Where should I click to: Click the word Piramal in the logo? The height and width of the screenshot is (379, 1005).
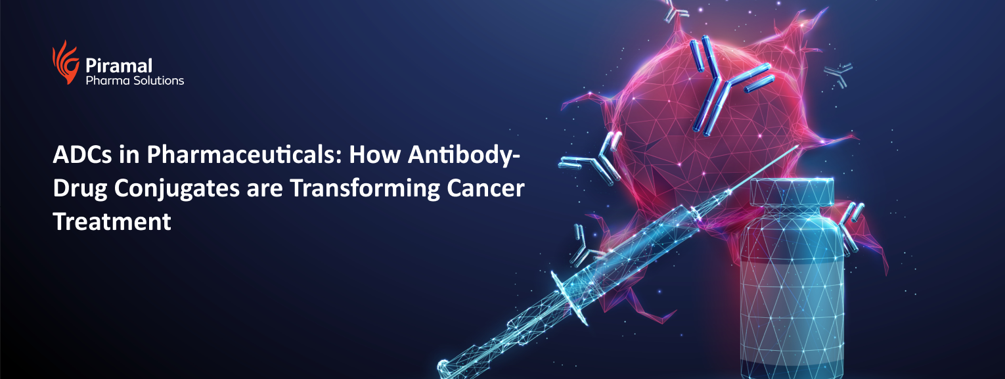pyautogui.click(x=119, y=66)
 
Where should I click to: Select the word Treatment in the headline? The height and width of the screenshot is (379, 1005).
pyautogui.click(x=112, y=221)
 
